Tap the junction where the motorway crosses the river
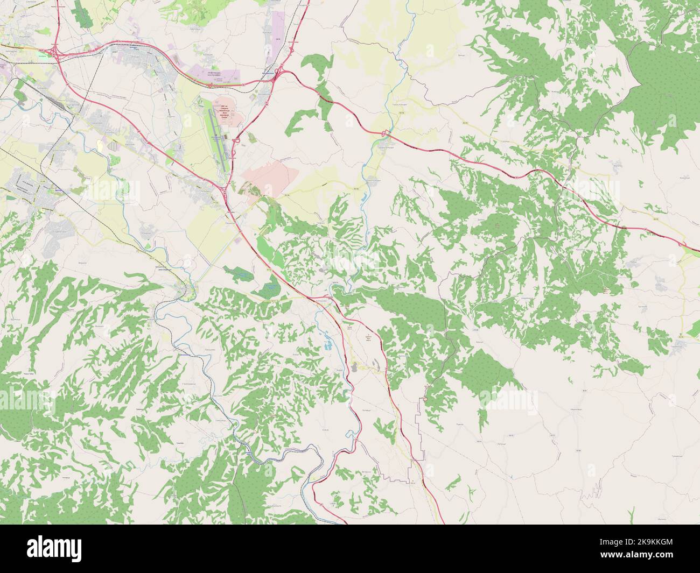(384, 133)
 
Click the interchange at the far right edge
(685, 245)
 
